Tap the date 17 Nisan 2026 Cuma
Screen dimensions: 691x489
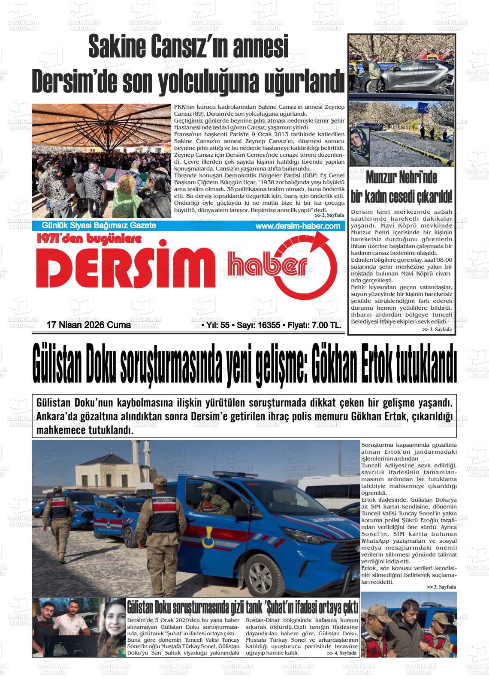click(x=88, y=325)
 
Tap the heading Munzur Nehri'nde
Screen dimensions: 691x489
click(x=401, y=177)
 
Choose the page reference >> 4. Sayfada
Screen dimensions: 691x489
click(x=341, y=653)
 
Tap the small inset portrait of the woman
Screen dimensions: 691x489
click(x=359, y=147)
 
